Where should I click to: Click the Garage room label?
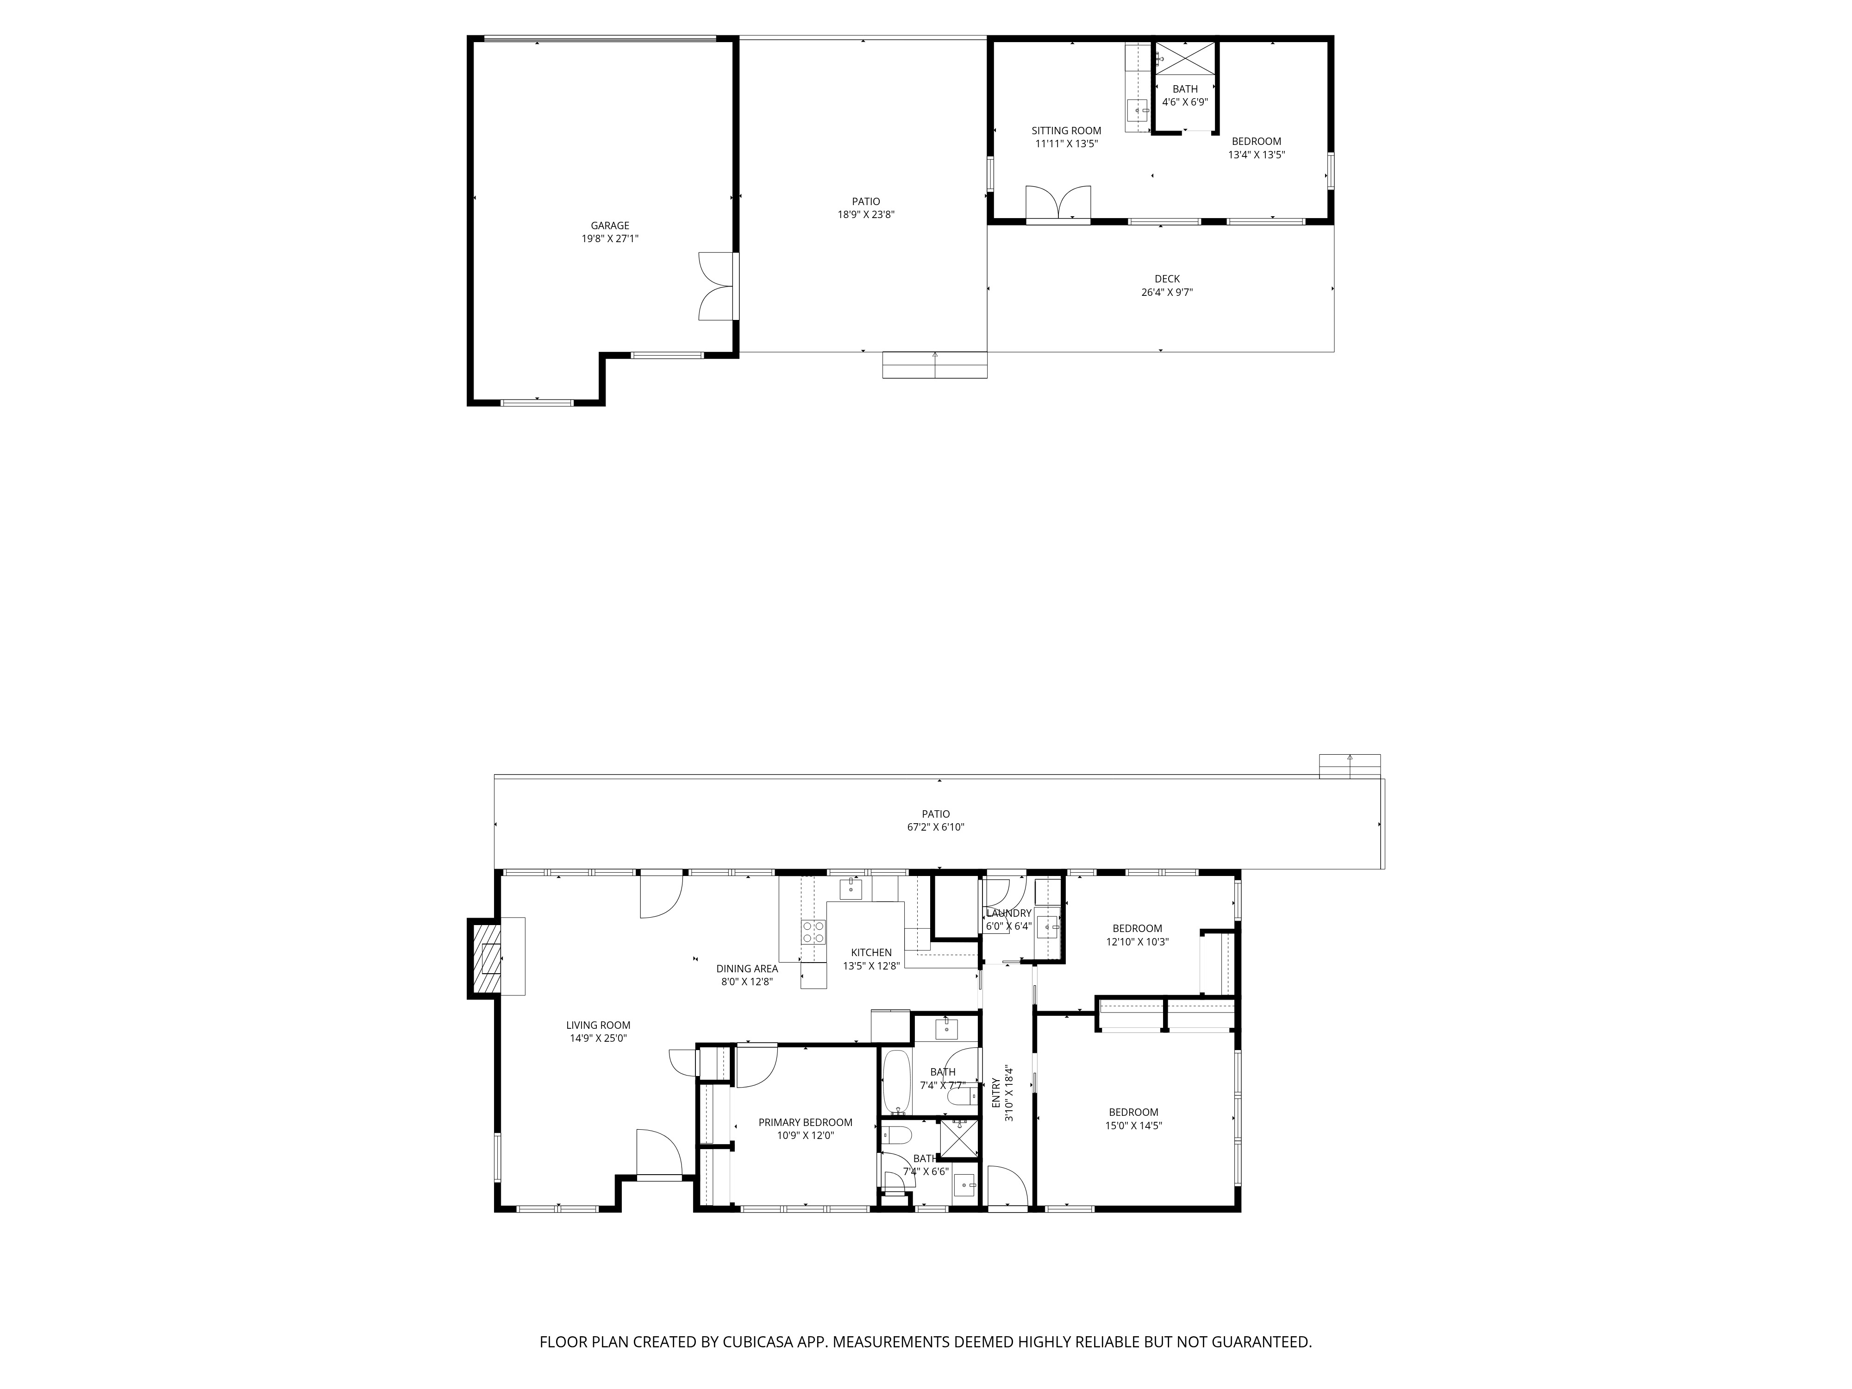(609, 225)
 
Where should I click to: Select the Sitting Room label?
(1066, 131)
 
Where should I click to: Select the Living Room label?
(598, 1025)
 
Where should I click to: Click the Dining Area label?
(747, 969)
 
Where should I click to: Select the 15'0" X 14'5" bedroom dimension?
(1133, 1125)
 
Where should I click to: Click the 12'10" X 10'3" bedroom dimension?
(1137, 941)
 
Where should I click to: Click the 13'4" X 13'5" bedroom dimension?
(1256, 155)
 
